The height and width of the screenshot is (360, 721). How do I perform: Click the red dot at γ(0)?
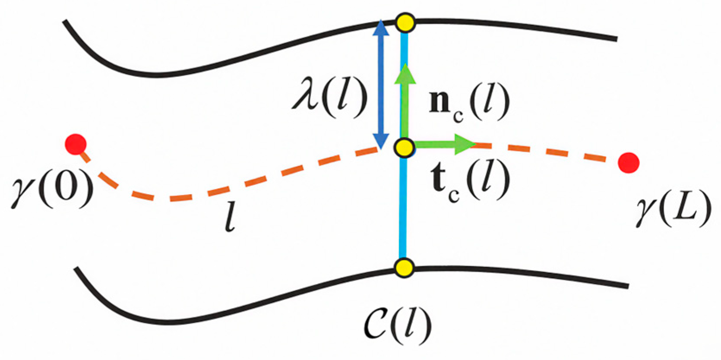(x=76, y=144)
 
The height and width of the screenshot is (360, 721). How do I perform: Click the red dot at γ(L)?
(x=628, y=162)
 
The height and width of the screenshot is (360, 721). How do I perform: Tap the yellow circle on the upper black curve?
(x=405, y=23)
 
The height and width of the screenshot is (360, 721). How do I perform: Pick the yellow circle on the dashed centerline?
(x=405, y=148)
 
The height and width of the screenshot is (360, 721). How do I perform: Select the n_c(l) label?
(x=469, y=104)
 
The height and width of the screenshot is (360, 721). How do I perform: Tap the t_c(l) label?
(x=470, y=182)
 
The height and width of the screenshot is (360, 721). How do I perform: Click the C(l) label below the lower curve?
(x=398, y=325)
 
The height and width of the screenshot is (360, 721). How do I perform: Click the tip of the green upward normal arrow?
(x=405, y=64)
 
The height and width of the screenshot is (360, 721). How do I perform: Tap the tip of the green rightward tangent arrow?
(x=476, y=145)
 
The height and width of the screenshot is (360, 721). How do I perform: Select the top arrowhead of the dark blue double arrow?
(x=381, y=20)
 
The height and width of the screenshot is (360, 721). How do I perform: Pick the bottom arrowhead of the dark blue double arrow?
(x=381, y=149)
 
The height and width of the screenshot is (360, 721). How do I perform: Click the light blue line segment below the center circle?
(x=403, y=208)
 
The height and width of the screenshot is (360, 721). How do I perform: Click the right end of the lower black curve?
(x=628, y=286)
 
